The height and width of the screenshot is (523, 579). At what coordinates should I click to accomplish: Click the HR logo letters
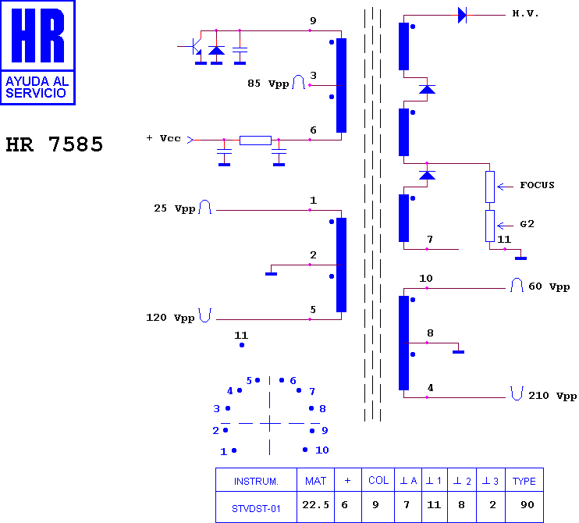pos(37,35)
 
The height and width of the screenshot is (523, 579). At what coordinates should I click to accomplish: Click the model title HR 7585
pos(55,144)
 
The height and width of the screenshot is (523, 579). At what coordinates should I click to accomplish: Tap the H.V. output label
pos(525,14)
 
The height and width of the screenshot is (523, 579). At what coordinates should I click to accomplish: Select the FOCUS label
pos(538,185)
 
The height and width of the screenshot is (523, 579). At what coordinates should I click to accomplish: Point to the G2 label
pos(527,224)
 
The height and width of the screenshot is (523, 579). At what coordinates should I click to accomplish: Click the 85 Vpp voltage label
pos(268,84)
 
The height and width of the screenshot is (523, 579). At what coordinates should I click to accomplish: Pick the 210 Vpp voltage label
pos(552,396)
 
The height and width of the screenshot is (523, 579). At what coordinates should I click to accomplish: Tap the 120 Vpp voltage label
pos(170,318)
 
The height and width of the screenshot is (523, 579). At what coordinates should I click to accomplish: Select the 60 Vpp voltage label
pos(549,286)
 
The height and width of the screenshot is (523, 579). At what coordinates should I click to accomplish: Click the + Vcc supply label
pos(163,138)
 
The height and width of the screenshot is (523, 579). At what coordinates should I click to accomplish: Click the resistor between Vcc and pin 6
pos(255,141)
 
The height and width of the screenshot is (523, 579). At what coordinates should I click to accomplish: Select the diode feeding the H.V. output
pos(462,15)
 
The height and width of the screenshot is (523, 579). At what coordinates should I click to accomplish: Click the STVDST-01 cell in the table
pos(256,509)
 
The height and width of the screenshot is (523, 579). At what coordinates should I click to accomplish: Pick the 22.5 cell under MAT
pos(316,504)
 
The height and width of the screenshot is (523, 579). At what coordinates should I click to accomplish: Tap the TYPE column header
pos(524,481)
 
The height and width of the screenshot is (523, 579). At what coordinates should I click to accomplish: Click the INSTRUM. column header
pos(256,482)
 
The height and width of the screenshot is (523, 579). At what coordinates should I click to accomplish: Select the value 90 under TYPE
pos(527,504)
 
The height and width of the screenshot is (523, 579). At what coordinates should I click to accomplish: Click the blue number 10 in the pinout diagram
pos(322,450)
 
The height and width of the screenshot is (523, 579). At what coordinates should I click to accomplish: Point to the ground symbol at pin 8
pos(458,352)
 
